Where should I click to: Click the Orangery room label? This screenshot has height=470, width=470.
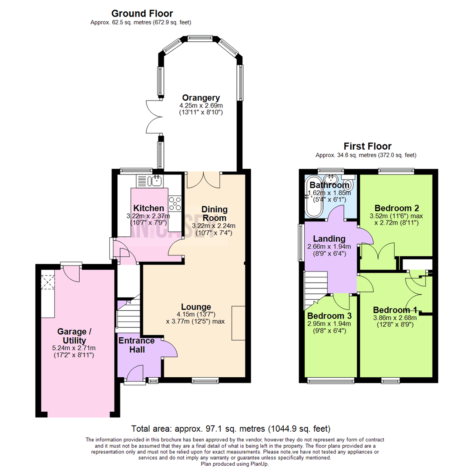coord(201,97)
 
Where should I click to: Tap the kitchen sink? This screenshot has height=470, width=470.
coord(154,180)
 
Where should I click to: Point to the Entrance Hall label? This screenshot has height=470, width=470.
coord(136,345)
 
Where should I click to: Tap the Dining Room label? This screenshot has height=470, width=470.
coord(214,214)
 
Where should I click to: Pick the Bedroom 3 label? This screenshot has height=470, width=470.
coord(329,315)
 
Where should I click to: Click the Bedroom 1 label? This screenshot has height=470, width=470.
coord(395,310)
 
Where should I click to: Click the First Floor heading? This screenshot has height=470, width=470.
coord(367,146)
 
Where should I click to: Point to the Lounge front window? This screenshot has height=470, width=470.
coord(205,381)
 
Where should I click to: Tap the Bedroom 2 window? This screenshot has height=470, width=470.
coord(396,171)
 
